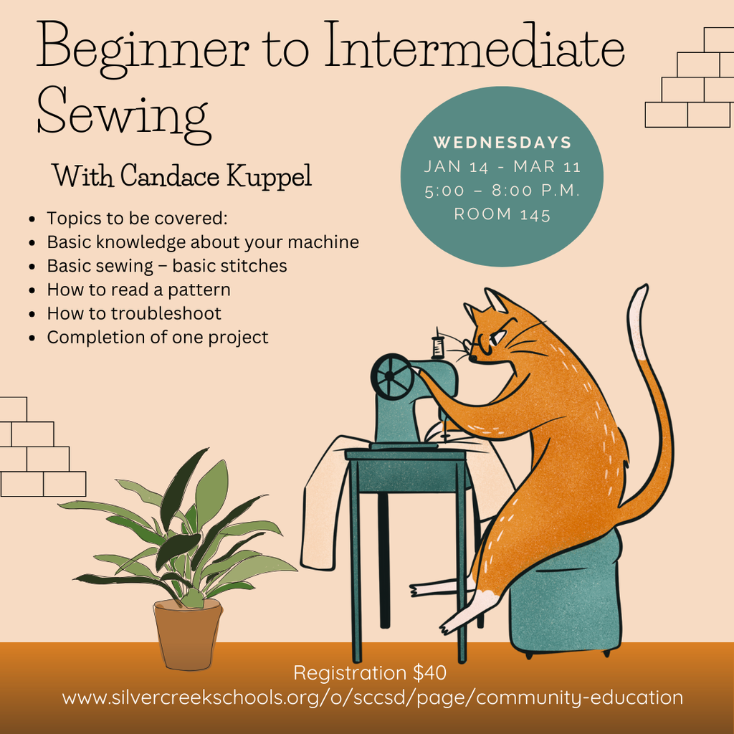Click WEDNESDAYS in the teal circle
[x=502, y=142]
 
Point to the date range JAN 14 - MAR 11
[x=502, y=167]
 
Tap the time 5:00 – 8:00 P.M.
[x=502, y=191]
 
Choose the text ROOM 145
[x=502, y=214]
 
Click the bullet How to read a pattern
[x=138, y=290]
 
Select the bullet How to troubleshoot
[x=134, y=313]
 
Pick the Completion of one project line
[x=158, y=337]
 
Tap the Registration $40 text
[x=370, y=673]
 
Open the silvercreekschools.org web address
[x=372, y=697]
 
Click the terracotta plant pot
[x=188, y=635]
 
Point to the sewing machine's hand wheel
[x=392, y=376]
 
